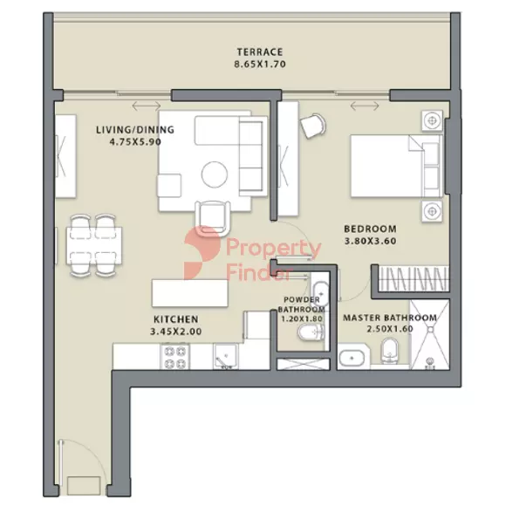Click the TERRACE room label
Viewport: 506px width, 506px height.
pyautogui.click(x=260, y=52)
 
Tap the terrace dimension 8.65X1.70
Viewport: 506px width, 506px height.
pyautogui.click(x=260, y=64)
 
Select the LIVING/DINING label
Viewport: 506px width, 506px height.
pyautogui.click(x=135, y=130)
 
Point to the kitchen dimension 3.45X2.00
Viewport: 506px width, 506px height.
pyautogui.click(x=176, y=332)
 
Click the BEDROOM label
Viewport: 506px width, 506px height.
pyautogui.click(x=370, y=229)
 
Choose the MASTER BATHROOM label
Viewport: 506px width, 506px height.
pyautogui.click(x=390, y=318)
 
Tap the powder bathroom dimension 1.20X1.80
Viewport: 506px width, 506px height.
pyautogui.click(x=302, y=318)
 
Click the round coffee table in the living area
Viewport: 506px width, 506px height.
pyautogui.click(x=215, y=174)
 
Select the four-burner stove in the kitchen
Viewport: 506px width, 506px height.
pyautogui.click(x=174, y=357)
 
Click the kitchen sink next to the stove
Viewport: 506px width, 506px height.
pyautogui.click(x=226, y=357)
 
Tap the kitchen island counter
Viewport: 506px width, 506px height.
pyautogui.click(x=190, y=293)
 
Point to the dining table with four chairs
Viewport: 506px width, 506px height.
pyautogui.click(x=94, y=246)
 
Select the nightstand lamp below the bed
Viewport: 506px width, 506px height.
pyautogui.click(x=432, y=211)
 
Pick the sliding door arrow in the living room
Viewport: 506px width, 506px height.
pyautogui.click(x=147, y=106)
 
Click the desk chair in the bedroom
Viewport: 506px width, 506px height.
pyautogui.click(x=312, y=126)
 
